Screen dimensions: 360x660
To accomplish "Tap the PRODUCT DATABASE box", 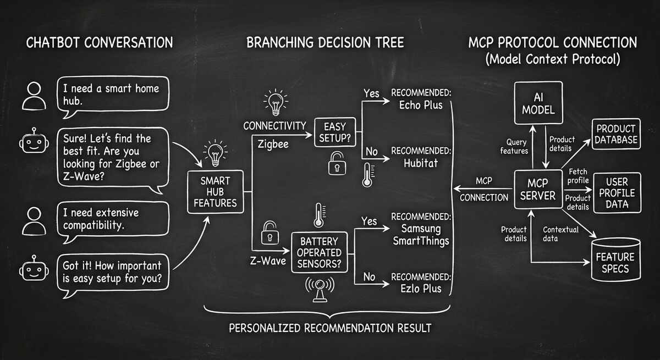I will click(x=616, y=134).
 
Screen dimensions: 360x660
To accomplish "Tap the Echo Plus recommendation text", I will click(x=420, y=105).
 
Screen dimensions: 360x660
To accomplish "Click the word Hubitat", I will click(x=420, y=163).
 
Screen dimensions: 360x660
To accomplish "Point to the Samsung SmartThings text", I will click(x=421, y=235).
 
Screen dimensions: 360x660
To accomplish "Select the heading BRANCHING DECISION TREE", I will click(x=325, y=42).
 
